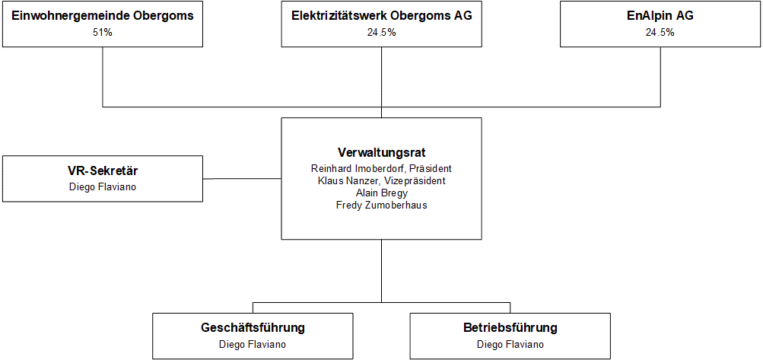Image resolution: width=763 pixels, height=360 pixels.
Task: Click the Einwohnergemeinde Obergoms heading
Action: tap(103, 16)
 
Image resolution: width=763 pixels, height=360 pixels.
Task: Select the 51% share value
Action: tap(103, 33)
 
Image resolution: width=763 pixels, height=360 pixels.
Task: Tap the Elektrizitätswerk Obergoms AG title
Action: tap(382, 16)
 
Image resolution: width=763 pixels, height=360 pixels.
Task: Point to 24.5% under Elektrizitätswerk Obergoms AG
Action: tap(382, 33)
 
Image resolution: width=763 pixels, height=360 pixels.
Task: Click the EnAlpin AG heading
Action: tap(660, 16)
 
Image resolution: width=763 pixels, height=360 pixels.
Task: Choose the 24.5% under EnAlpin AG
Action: tap(660, 33)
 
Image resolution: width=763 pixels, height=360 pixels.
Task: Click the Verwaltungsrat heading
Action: tap(382, 153)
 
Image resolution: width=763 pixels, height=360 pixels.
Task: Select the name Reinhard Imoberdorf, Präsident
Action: tap(382, 168)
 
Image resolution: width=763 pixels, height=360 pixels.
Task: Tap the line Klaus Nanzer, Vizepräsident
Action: tap(382, 180)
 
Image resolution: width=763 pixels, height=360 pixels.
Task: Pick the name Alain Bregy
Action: tap(382, 193)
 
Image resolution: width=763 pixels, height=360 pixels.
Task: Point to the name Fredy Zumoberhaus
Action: tap(382, 205)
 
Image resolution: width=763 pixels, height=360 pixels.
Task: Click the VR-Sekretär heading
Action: tap(103, 171)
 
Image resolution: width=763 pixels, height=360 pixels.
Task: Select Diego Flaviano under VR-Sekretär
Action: tap(103, 186)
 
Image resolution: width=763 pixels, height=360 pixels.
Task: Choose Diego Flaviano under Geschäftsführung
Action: tap(253, 345)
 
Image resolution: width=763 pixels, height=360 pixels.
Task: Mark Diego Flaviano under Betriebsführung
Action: tap(510, 345)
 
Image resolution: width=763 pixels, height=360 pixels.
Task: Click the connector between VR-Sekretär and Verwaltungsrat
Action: tap(242, 178)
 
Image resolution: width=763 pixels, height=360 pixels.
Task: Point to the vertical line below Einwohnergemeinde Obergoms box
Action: tap(103, 77)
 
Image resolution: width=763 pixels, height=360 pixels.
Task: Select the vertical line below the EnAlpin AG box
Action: tap(660, 77)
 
